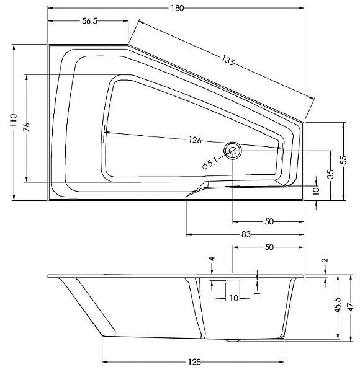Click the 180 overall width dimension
click(x=178, y=8)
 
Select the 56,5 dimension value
click(x=90, y=21)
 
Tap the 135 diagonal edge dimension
click(x=228, y=60)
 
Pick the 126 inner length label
click(x=195, y=140)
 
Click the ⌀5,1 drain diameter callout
click(x=210, y=164)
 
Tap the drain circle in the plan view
click(x=233, y=151)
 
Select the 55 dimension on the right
click(x=343, y=160)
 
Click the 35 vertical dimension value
click(x=331, y=174)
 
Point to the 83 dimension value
click(x=246, y=234)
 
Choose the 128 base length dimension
click(x=194, y=362)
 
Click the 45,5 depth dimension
click(x=338, y=304)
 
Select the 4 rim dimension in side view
click(x=212, y=259)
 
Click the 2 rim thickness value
click(x=325, y=260)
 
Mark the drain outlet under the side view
click(x=233, y=340)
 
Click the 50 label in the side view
click(x=269, y=247)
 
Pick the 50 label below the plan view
click(x=269, y=221)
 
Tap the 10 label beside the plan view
click(x=316, y=190)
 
